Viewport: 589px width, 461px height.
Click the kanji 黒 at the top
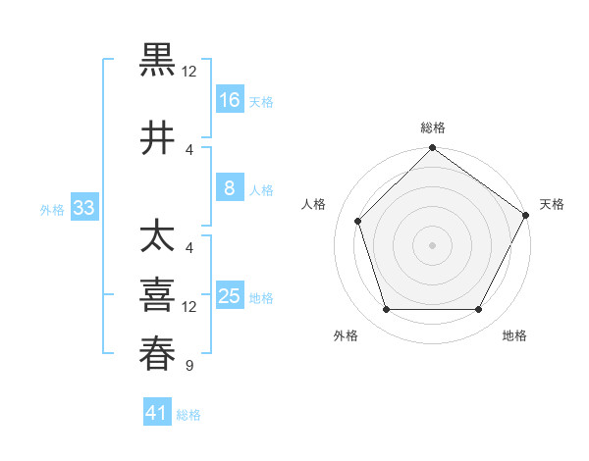(158, 59)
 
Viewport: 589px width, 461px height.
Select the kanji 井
(158, 138)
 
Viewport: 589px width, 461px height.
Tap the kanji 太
(158, 237)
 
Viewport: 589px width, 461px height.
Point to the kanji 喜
(158, 295)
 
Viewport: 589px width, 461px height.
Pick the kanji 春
(158, 354)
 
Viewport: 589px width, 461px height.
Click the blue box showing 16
(230, 99)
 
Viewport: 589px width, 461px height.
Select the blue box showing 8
(230, 188)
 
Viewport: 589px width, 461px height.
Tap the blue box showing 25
(230, 296)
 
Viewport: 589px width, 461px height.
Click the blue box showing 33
(83, 208)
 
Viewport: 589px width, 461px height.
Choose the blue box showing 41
(157, 413)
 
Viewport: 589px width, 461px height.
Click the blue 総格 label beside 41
(189, 415)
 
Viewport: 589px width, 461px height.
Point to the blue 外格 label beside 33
(52, 209)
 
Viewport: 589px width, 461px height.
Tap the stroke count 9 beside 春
(188, 367)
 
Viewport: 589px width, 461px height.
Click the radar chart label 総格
(433, 128)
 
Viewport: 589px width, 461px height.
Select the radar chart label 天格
(552, 204)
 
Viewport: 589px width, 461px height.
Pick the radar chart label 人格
(314, 204)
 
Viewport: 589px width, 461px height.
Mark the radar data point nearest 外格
(386, 310)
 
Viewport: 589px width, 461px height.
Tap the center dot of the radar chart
(433, 245)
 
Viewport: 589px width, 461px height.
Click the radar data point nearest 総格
(433, 149)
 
